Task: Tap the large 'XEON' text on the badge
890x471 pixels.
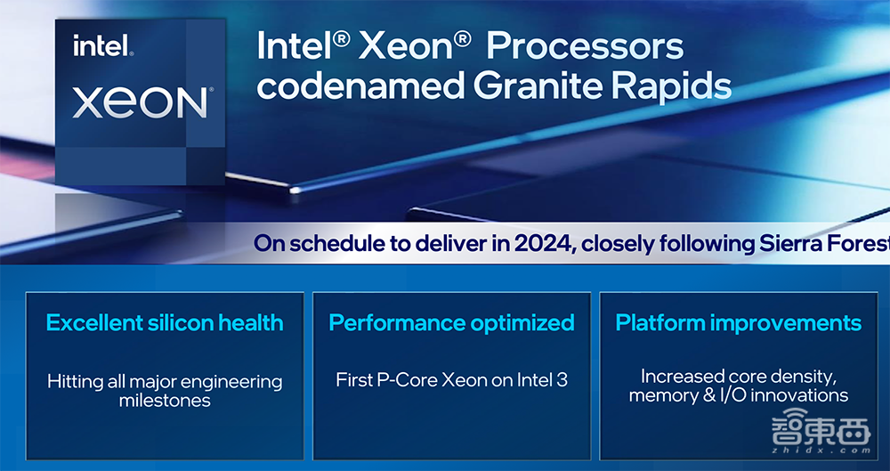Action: [x=141, y=102]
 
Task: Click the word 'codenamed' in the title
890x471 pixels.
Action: [x=360, y=86]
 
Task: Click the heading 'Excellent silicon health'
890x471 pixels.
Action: [x=165, y=322]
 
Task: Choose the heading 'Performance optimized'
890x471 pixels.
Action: [x=451, y=322]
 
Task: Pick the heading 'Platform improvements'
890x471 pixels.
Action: [x=738, y=322]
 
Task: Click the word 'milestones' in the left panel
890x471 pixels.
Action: [x=165, y=401]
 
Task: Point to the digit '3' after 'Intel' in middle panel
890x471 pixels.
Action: [x=562, y=380]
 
